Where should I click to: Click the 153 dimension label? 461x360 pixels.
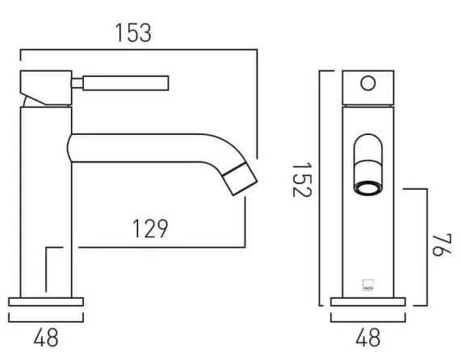(x=132, y=33)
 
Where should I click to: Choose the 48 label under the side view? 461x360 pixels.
(x=45, y=337)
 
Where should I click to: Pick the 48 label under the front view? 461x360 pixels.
(x=368, y=337)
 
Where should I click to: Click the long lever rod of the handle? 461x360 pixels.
(x=126, y=82)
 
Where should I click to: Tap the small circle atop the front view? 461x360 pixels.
(x=368, y=84)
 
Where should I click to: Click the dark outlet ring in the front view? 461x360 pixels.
(x=368, y=189)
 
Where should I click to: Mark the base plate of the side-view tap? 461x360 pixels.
(x=45, y=302)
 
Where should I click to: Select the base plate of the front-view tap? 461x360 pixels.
(x=368, y=302)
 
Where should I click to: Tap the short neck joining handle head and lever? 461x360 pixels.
(x=77, y=82)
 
